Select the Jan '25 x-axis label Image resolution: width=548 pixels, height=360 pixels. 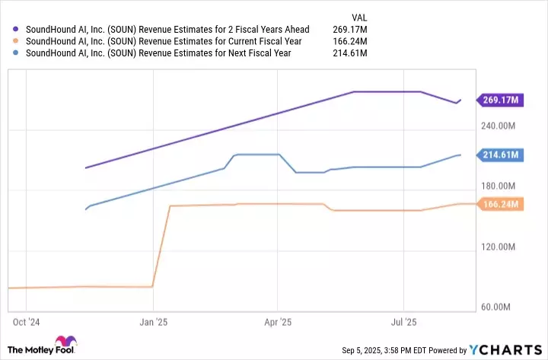(x=154, y=323)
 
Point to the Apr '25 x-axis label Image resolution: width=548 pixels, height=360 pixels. (x=279, y=323)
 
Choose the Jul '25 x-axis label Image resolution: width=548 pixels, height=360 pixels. (x=403, y=323)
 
